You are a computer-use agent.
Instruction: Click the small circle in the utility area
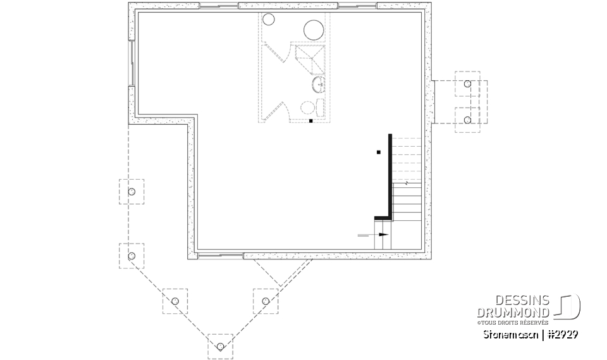268,20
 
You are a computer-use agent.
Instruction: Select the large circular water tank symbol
314,30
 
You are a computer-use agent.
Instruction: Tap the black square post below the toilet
310,120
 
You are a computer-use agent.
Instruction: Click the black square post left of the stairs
378,152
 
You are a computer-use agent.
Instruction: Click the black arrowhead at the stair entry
384,235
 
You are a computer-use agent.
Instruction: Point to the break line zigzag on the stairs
405,182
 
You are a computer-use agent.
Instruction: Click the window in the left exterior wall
132,63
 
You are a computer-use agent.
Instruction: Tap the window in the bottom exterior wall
220,256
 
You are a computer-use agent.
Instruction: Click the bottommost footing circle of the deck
220,346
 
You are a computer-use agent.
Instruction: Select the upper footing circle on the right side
467,84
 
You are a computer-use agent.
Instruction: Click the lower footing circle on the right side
467,120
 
